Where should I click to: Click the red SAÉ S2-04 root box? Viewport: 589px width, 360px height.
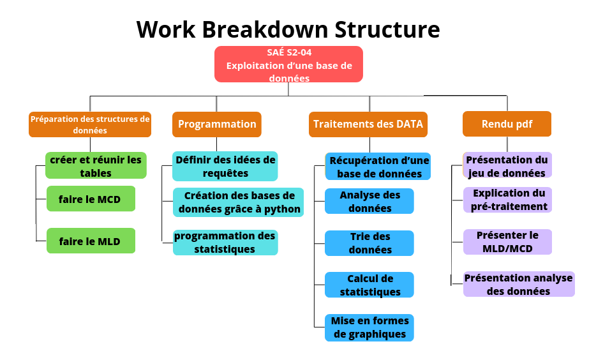click(x=288, y=64)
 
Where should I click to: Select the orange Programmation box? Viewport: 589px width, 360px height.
click(x=217, y=124)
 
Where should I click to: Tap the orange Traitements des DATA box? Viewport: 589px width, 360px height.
click(x=368, y=124)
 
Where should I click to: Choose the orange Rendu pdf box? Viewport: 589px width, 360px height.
click(x=507, y=124)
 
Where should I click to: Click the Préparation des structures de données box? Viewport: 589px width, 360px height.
click(x=90, y=124)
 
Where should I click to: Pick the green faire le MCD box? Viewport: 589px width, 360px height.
click(x=91, y=199)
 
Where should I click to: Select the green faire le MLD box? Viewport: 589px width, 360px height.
click(x=91, y=241)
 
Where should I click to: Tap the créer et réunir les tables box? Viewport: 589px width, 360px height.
click(x=96, y=165)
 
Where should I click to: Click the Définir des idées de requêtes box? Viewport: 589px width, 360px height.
click(x=225, y=166)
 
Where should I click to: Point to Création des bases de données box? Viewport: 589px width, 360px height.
click(x=238, y=202)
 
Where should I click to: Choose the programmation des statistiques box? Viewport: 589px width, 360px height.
click(x=225, y=243)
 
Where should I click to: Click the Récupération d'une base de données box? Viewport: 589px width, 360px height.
click(x=378, y=166)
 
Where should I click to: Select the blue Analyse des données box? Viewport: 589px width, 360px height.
click(x=369, y=201)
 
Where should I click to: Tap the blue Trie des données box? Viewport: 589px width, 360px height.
click(x=369, y=243)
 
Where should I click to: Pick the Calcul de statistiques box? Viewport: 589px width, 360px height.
click(x=369, y=285)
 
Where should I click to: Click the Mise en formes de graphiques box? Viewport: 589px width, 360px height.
click(x=369, y=327)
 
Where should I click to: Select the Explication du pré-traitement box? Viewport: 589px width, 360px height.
click(x=508, y=200)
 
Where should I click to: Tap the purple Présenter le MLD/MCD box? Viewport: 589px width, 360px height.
click(x=508, y=242)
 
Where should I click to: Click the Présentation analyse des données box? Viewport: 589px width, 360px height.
click(x=519, y=284)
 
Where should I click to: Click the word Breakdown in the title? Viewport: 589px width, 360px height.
click(x=265, y=29)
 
